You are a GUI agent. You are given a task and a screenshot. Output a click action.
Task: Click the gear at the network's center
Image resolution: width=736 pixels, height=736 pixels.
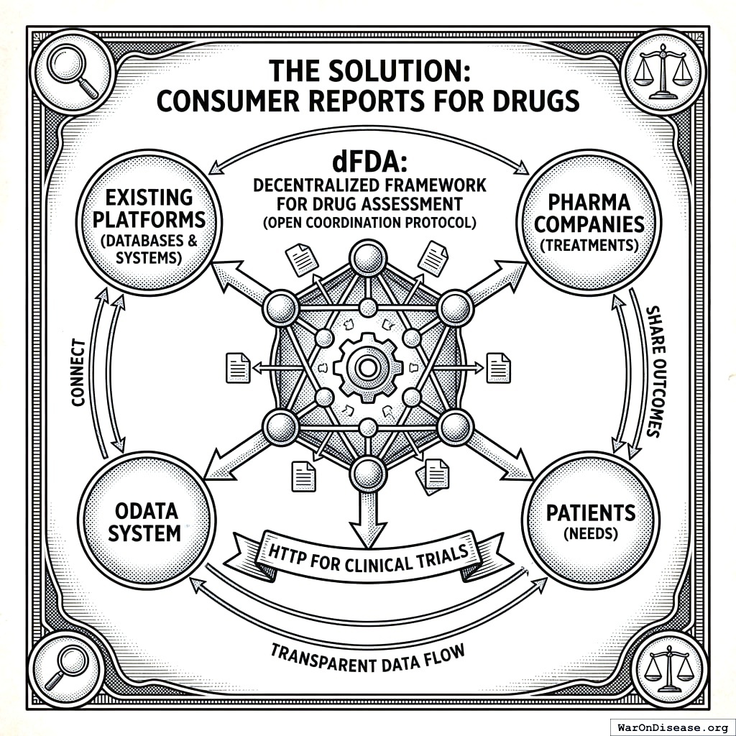coord(367,367)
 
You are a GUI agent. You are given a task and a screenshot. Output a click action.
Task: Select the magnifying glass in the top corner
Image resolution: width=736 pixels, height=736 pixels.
coord(71,74)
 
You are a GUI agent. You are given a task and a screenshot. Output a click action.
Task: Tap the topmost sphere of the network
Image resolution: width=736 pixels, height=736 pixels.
coord(368,257)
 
